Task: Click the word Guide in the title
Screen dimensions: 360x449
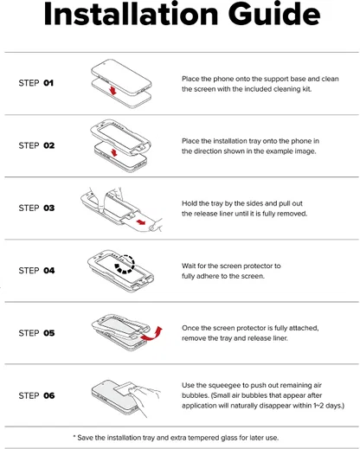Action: pyautogui.click(x=274, y=14)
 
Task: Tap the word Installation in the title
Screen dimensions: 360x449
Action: pyautogui.click(x=131, y=14)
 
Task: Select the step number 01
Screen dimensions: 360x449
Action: pyautogui.click(x=48, y=83)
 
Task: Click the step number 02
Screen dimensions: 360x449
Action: pyautogui.click(x=49, y=145)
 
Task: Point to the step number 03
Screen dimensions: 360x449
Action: pyautogui.click(x=49, y=208)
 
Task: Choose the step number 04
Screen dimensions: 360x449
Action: pyautogui.click(x=49, y=271)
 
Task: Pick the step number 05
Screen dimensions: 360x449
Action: pyautogui.click(x=49, y=333)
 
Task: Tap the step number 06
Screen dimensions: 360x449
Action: pyautogui.click(x=49, y=395)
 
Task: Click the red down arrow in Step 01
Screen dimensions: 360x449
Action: pyautogui.click(x=113, y=91)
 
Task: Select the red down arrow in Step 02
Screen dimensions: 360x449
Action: pyautogui.click(x=114, y=152)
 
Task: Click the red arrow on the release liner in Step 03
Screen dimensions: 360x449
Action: pyautogui.click(x=141, y=222)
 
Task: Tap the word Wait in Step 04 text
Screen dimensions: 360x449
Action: pyautogui.click(x=188, y=266)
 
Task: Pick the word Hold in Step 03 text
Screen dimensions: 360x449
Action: pyautogui.click(x=189, y=203)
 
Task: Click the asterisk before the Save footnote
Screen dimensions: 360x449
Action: pyautogui.click(x=74, y=436)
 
